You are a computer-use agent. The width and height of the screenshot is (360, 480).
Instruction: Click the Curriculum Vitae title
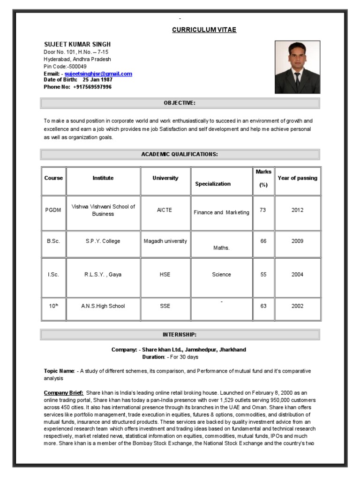click(x=204, y=30)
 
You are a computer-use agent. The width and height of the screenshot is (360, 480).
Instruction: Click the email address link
click(x=98, y=74)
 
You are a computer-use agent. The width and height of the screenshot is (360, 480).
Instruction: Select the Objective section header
click(x=180, y=103)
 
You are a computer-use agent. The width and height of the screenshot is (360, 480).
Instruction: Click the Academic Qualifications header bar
click(x=180, y=154)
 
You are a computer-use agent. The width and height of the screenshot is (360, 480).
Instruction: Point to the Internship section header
click(x=180, y=335)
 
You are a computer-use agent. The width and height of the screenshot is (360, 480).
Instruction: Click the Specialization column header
click(x=213, y=184)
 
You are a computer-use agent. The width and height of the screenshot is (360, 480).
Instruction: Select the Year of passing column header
click(x=297, y=178)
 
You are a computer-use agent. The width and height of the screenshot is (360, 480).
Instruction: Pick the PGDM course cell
click(x=53, y=210)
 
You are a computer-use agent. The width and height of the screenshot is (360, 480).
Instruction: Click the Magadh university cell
click(x=165, y=241)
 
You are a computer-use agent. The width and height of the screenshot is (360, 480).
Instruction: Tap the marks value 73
click(x=263, y=210)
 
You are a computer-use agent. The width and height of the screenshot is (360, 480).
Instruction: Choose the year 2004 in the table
click(x=297, y=275)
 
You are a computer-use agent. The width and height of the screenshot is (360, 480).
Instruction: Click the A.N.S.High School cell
click(x=103, y=306)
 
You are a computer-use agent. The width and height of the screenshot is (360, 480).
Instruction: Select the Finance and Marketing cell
click(x=222, y=212)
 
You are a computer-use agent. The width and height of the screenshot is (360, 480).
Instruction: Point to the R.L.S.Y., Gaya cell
click(x=103, y=275)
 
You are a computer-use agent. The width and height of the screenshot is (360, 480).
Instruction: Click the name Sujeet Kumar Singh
click(x=77, y=45)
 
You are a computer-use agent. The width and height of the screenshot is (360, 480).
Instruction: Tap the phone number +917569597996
click(x=92, y=87)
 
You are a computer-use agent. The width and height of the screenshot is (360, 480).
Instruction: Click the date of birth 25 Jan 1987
click(x=96, y=80)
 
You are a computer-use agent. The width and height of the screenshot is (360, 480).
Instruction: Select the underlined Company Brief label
click(x=64, y=392)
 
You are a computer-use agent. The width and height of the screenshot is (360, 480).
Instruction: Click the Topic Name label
click(x=59, y=371)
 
